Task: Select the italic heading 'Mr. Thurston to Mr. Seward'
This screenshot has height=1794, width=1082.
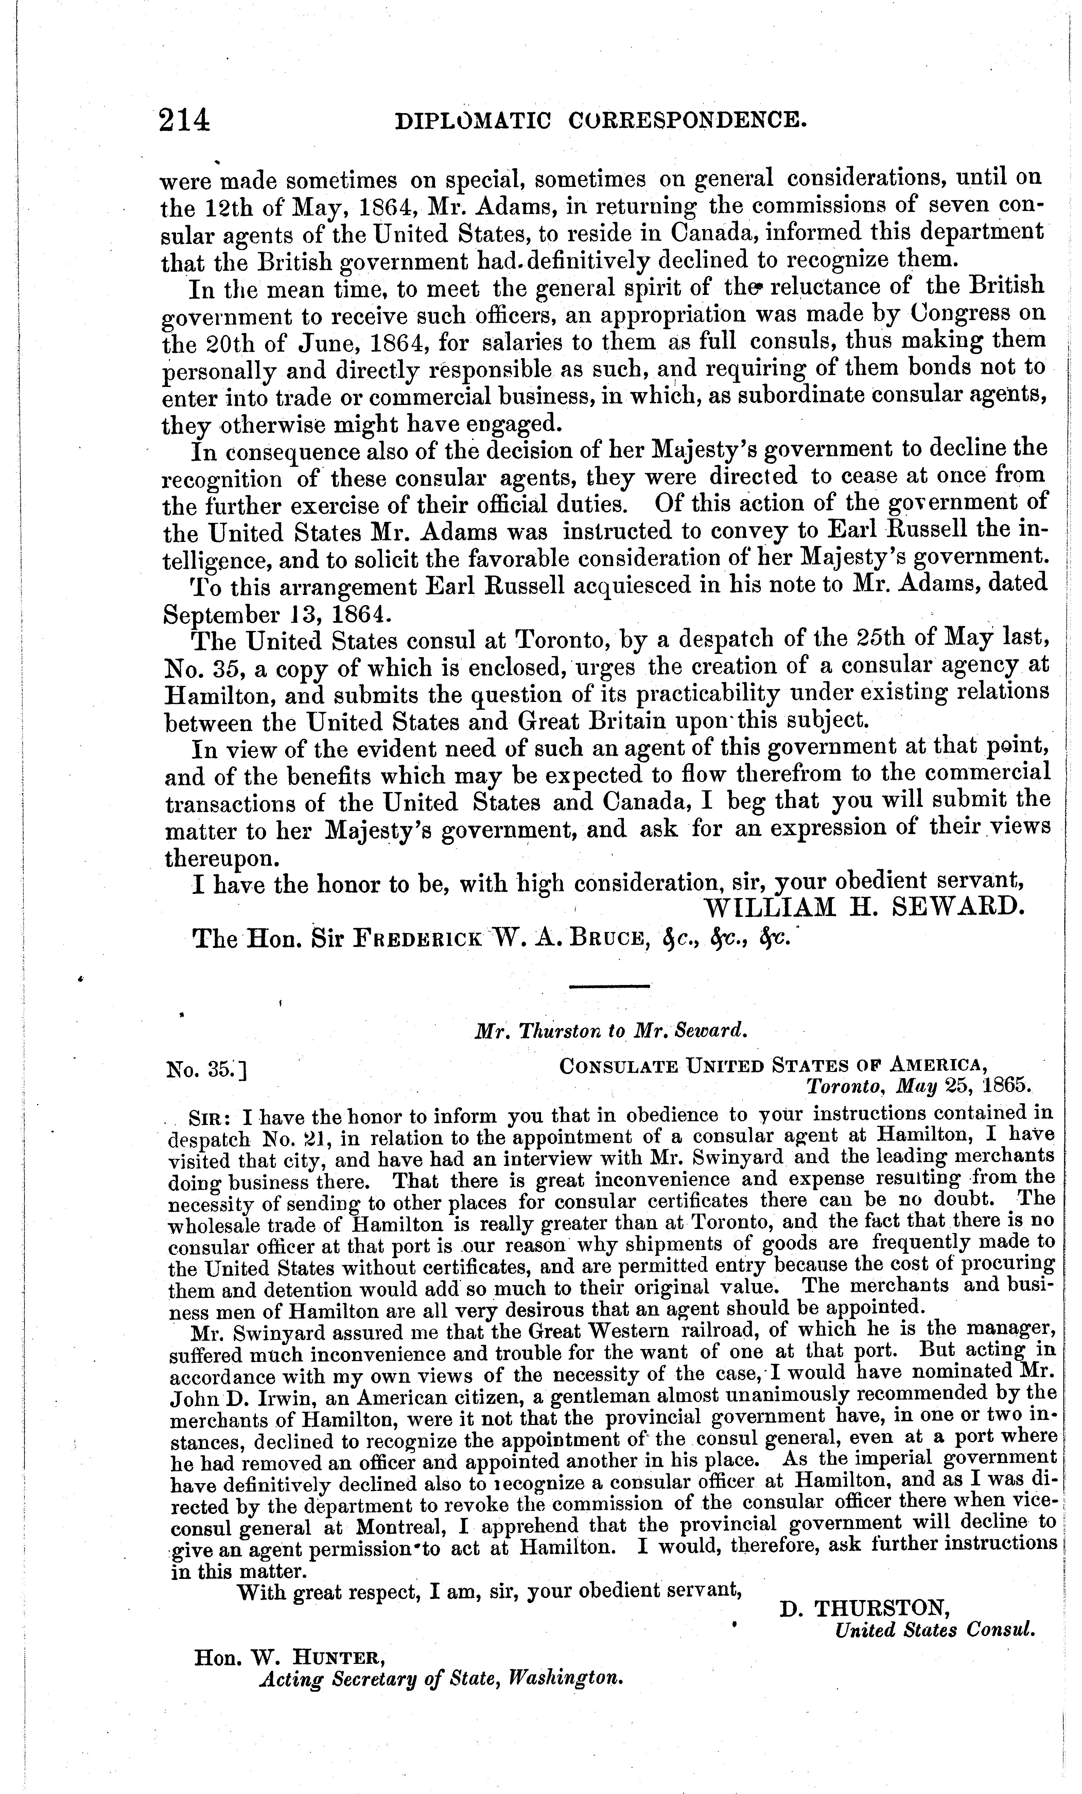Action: (612, 1031)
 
